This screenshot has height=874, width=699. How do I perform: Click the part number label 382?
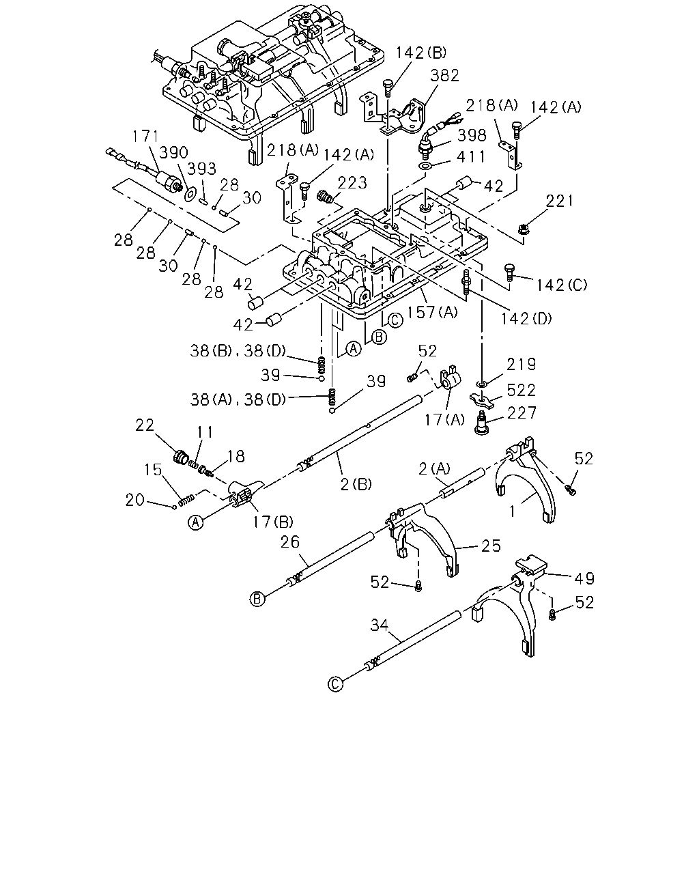click(445, 76)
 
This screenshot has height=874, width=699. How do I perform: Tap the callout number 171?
click(145, 137)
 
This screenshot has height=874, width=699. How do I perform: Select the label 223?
click(352, 183)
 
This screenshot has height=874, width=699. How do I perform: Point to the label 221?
click(559, 201)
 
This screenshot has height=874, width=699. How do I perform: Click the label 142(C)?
click(562, 285)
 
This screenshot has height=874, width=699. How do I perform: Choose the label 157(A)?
click(432, 312)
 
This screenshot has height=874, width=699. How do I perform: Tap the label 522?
click(521, 391)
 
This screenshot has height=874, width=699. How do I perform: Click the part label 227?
click(521, 413)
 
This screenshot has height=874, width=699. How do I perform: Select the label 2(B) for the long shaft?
click(356, 484)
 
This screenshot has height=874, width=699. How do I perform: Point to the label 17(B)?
click(272, 522)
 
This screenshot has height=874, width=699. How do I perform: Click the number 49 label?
click(584, 578)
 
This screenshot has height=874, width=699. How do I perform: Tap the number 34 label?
click(380, 625)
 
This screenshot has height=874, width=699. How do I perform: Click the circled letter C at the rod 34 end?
click(335, 684)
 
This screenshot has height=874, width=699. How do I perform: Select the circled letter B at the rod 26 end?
click(257, 599)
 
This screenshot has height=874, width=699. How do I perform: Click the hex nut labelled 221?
click(524, 230)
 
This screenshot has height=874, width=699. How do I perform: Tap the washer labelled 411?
click(425, 166)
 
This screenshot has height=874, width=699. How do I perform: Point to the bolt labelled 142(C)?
click(509, 272)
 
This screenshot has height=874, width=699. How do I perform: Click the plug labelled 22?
click(180, 457)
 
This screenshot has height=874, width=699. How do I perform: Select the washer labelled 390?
click(189, 194)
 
